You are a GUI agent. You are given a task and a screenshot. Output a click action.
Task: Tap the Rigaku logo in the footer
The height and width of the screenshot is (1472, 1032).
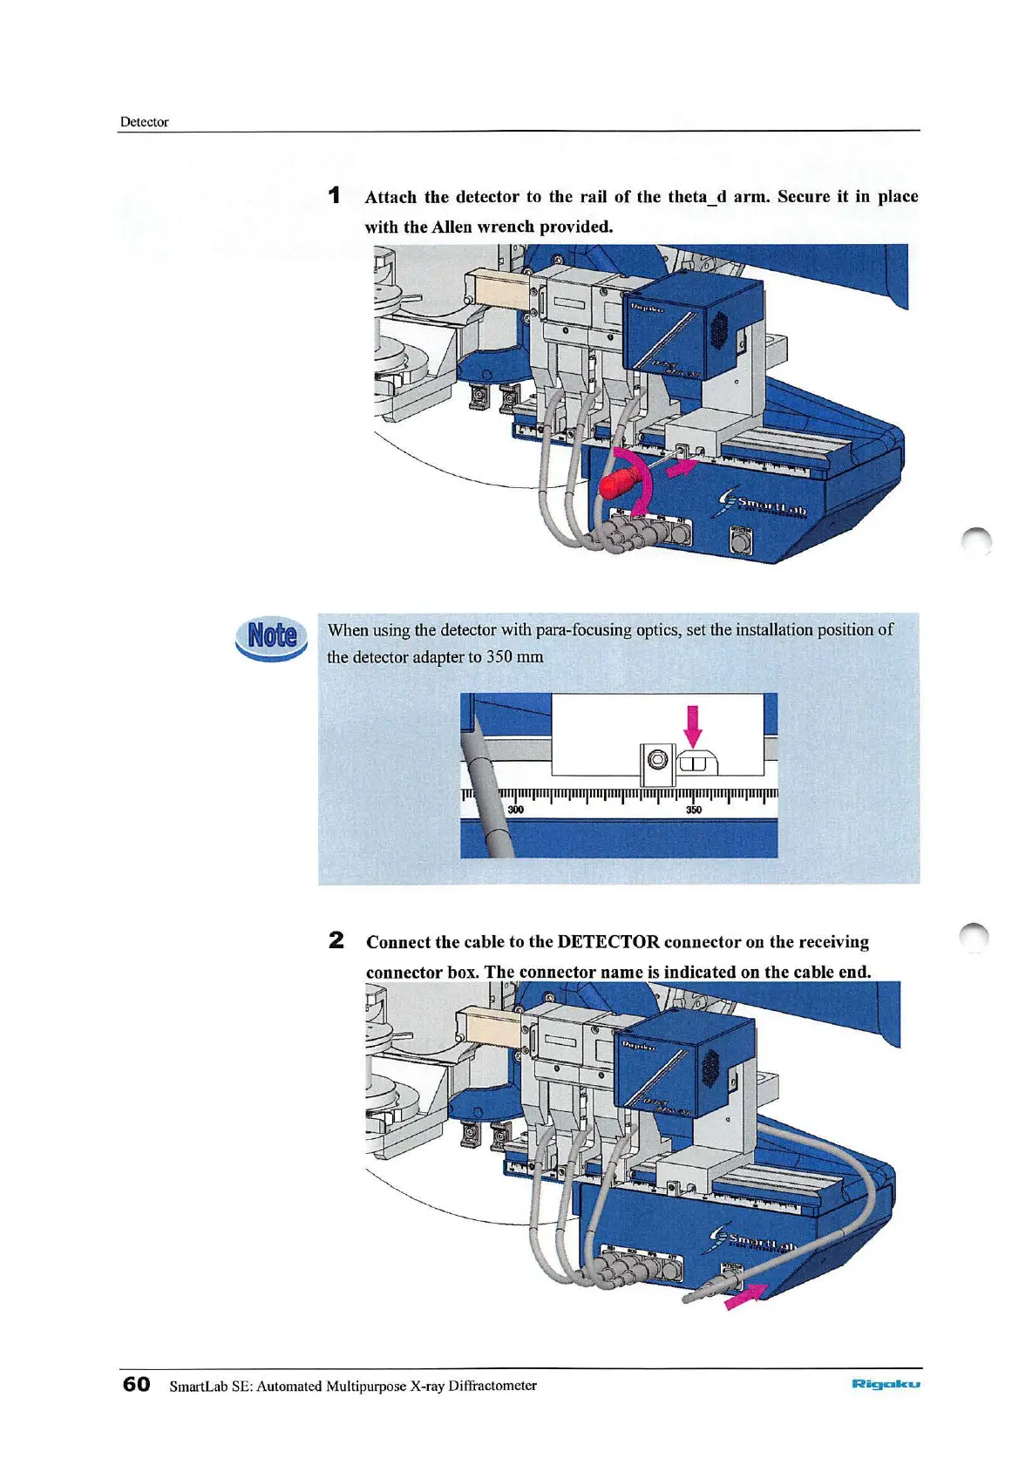[886, 1385]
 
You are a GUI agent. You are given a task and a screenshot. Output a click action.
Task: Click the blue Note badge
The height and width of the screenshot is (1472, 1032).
[272, 636]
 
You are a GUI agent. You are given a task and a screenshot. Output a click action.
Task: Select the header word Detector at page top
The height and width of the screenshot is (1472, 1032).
[144, 122]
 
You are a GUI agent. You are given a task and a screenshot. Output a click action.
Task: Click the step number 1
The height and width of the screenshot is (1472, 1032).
[335, 196]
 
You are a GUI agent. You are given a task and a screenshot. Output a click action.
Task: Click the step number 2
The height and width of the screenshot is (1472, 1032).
[336, 941]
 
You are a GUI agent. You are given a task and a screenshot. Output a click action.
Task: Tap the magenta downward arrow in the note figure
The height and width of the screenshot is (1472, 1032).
[693, 725]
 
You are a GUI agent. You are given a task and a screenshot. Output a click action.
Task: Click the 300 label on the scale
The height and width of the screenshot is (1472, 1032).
[516, 811]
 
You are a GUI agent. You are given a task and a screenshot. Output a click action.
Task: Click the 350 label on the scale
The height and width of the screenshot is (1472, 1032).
[694, 811]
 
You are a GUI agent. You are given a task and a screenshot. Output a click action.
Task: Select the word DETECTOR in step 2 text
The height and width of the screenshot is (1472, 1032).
[608, 942]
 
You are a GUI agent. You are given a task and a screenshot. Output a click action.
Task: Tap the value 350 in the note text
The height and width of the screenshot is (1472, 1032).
[499, 656]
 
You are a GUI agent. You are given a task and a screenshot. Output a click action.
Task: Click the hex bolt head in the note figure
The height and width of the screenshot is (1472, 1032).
[658, 760]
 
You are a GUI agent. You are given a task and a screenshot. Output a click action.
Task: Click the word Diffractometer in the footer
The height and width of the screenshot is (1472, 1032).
[492, 1386]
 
